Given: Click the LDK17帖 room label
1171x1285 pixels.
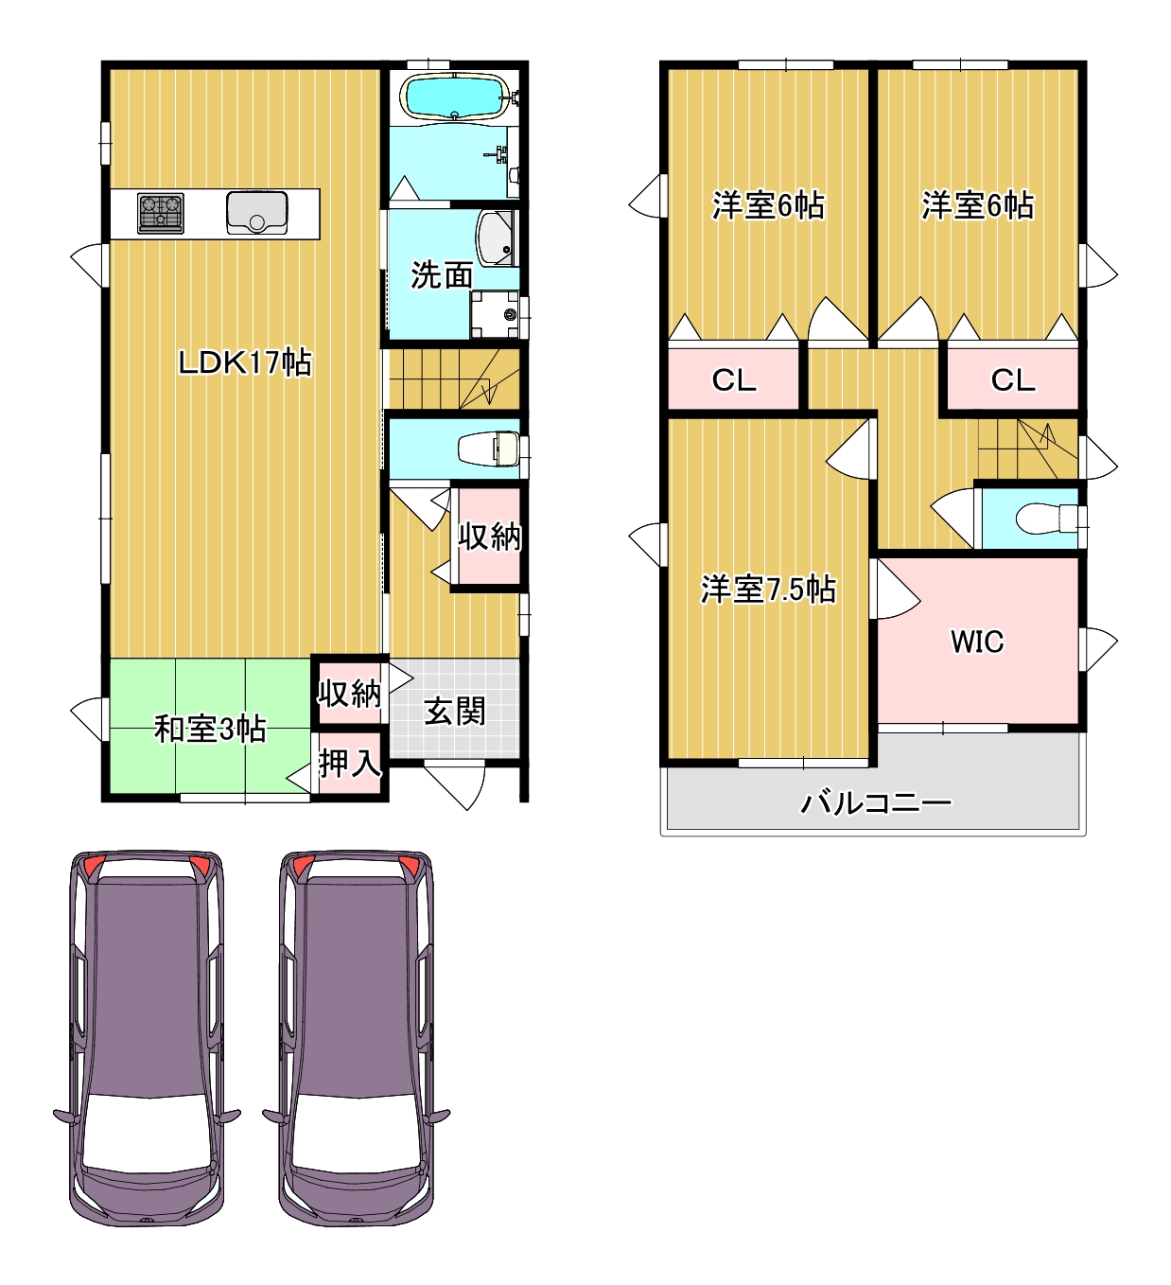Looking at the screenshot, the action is pos(245,362).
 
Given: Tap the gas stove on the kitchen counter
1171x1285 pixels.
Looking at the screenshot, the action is pos(160,213).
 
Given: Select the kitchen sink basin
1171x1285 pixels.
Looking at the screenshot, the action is pos(257,213).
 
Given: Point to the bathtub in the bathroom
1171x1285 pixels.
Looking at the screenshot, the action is pos(454,97).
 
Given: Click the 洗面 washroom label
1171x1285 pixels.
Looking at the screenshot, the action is pos(442,275).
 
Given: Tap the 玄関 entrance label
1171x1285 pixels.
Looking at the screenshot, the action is pos(454,711).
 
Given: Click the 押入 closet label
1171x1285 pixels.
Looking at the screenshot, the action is pos(349,764).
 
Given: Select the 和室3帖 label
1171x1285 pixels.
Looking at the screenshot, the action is pos(210,729).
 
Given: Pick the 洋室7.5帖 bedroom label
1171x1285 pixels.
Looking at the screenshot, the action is pos(768,589).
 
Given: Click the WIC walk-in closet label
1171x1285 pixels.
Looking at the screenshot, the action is pos(977,642).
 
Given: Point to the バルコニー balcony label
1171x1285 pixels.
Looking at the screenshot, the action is pos(876,802).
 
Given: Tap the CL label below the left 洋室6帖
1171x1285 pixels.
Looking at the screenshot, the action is pos(734,380).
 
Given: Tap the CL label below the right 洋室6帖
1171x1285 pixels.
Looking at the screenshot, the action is pos(1013,380).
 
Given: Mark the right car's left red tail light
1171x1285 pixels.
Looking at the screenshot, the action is pos(304,866).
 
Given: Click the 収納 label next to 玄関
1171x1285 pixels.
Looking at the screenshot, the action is pos(349,693).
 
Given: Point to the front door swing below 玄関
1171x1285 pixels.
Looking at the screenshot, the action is pos(456,785).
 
